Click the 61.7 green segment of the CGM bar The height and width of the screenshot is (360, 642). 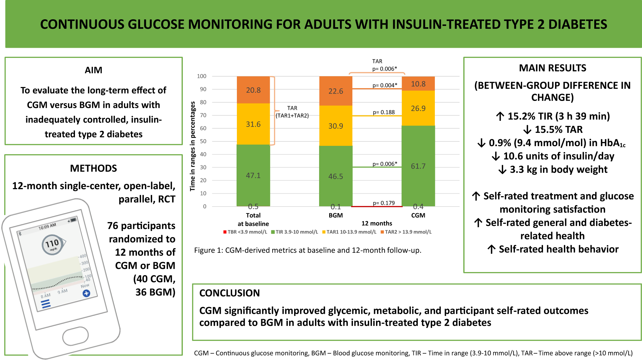click(x=418, y=166)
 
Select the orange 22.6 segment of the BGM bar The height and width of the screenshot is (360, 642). click(x=336, y=91)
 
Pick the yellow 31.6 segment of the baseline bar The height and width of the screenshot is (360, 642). click(x=253, y=124)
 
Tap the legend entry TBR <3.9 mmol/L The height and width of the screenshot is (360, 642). click(x=245, y=232)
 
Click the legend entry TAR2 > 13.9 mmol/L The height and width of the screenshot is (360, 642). click(x=406, y=232)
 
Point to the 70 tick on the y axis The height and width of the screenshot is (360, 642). click(x=203, y=115)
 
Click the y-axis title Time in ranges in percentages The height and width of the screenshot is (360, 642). click(x=193, y=146)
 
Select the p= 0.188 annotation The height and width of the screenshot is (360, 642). click(x=384, y=112)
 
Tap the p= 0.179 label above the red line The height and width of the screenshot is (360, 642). click(x=384, y=203)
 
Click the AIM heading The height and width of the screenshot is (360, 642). click(x=93, y=70)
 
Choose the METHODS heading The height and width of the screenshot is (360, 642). click(x=93, y=168)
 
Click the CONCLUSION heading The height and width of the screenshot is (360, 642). click(x=229, y=293)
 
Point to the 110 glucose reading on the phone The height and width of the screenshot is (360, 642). click(x=52, y=244)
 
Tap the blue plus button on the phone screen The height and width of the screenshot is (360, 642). click(x=86, y=293)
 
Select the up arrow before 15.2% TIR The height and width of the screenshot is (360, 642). click(x=500, y=116)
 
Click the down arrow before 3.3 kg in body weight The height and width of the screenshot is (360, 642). click(x=502, y=170)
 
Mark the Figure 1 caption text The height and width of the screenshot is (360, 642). click(x=307, y=250)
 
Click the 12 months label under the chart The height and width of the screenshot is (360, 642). click(x=377, y=223)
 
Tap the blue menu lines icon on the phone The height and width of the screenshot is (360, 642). click(x=46, y=304)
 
